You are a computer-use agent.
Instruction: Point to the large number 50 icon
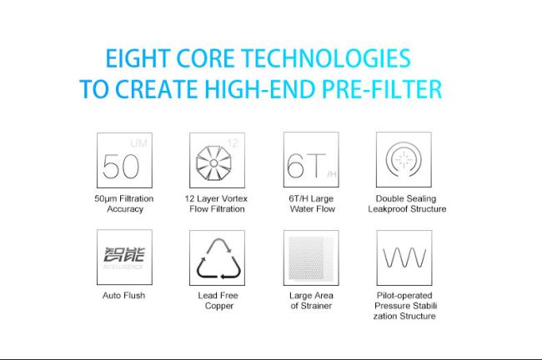pos(121,166)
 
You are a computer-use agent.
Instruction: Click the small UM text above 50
pos(139,143)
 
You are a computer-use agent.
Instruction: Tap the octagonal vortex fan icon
pos(213,163)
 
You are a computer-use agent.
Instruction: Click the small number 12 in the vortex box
pos(233,143)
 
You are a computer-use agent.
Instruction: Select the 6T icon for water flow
pos(306,166)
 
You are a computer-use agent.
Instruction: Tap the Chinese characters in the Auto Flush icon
pos(124,254)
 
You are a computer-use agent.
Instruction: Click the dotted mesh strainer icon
pos(311,257)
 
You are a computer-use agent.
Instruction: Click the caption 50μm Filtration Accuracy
pos(124,204)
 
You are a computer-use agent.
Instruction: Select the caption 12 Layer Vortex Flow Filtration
pos(217,204)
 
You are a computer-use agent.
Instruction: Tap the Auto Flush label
pos(123,295)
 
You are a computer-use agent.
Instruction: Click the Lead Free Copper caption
pos(218,301)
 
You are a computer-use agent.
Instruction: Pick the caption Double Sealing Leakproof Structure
pos(407,204)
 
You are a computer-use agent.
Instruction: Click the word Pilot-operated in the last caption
pos(404,296)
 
